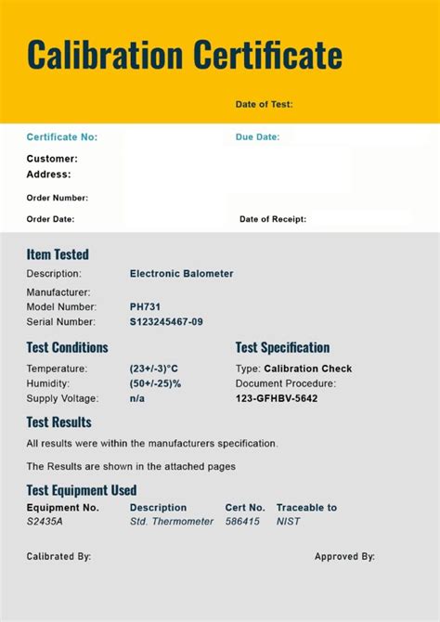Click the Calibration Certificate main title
pyautogui.click(x=184, y=56)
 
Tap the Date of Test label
pyautogui.click(x=264, y=105)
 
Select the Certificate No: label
pyautogui.click(x=61, y=137)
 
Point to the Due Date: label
pyautogui.click(x=257, y=137)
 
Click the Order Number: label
pyautogui.click(x=57, y=198)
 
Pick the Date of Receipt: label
pyautogui.click(x=272, y=220)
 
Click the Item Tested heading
pyautogui.click(x=58, y=254)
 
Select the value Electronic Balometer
pyautogui.click(x=181, y=274)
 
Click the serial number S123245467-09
pyautogui.click(x=166, y=322)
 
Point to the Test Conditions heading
pyautogui.click(x=67, y=348)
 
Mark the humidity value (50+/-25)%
pyautogui.click(x=155, y=383)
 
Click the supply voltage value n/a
pyautogui.click(x=137, y=398)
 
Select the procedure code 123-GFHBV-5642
pyautogui.click(x=277, y=398)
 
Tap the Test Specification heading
pyautogui.click(x=282, y=348)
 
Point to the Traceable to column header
pyautogui.click(x=306, y=508)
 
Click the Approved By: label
pyautogui.click(x=344, y=557)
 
